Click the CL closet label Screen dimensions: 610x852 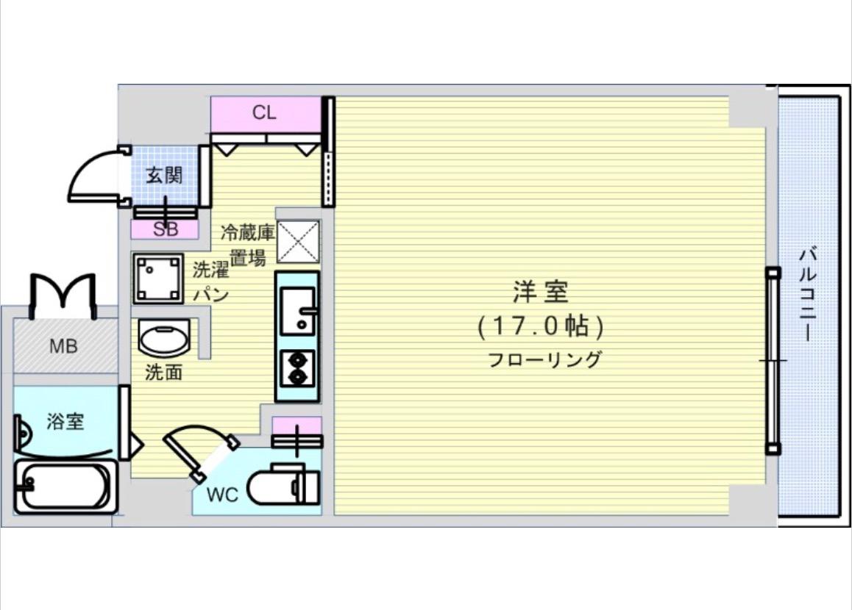264,113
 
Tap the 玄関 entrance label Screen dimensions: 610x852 163,176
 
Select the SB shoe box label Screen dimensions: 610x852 165,229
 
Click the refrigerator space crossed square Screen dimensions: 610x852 298,241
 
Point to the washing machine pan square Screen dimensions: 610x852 157,279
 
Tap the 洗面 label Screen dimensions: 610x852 163,373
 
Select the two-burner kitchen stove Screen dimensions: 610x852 297,368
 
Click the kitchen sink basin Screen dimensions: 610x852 297,309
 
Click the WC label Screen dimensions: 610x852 221,495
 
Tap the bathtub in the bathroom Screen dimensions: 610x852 65,487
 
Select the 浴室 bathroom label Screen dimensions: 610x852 65,422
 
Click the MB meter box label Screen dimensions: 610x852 63,346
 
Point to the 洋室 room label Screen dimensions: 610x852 541,293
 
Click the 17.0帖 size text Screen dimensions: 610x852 541,326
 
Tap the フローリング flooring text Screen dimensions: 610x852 544,360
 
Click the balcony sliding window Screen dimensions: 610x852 773,360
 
